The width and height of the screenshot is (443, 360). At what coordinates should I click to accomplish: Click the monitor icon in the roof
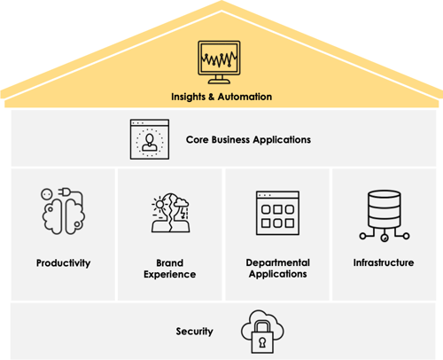(219, 62)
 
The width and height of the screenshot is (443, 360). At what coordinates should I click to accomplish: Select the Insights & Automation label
(221, 97)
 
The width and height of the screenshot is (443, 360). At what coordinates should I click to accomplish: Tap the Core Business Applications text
(248, 140)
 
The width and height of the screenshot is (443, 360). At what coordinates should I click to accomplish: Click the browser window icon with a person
(150, 139)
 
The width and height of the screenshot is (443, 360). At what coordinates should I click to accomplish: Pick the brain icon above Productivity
(63, 211)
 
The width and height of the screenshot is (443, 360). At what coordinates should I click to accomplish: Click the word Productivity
(63, 262)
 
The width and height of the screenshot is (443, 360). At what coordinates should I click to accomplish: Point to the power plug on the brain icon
(64, 192)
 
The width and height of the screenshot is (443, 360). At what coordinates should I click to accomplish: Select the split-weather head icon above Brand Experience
(170, 213)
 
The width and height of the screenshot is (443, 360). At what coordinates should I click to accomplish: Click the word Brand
(170, 262)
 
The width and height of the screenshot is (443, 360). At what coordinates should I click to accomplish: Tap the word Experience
(170, 275)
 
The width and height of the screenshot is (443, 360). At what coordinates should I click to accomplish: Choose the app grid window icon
(277, 213)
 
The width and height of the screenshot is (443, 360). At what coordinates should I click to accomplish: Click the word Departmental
(278, 262)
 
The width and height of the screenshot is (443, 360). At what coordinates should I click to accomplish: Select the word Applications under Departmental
(278, 274)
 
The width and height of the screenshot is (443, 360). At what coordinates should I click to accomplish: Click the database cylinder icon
(385, 215)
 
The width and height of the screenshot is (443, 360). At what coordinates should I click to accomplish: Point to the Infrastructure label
(384, 262)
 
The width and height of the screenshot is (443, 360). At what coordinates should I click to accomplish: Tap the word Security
(194, 332)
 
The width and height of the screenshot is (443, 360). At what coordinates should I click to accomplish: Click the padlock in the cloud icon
(262, 338)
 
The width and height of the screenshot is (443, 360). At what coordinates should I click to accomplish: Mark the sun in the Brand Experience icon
(159, 204)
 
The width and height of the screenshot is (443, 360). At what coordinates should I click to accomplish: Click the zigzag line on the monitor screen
(219, 59)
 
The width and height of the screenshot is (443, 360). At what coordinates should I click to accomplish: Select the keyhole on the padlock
(262, 342)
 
